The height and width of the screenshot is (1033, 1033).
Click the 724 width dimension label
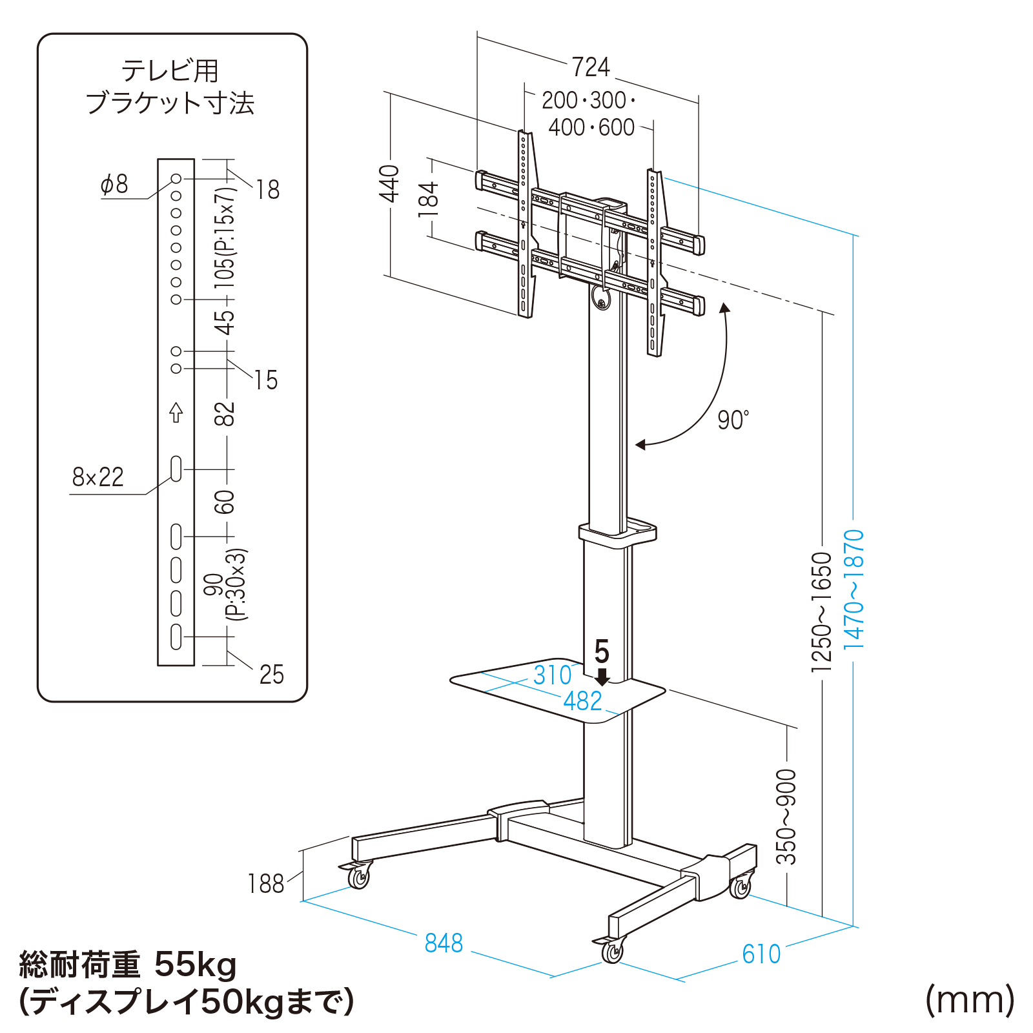(x=591, y=67)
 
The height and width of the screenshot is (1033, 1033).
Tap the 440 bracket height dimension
(x=389, y=183)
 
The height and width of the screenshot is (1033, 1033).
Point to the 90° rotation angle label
(x=733, y=420)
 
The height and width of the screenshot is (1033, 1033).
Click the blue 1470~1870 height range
(x=854, y=589)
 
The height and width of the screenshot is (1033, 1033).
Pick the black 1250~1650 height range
(x=821, y=611)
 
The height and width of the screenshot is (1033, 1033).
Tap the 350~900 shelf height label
(x=786, y=817)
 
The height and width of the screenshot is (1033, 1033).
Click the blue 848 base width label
(x=444, y=943)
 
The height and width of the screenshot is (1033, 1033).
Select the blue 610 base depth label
(x=761, y=954)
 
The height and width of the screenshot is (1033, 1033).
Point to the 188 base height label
(x=265, y=884)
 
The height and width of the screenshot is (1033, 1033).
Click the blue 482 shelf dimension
(x=582, y=701)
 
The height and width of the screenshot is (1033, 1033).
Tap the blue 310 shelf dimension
(x=552, y=675)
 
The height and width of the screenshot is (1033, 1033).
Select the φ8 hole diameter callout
(x=114, y=185)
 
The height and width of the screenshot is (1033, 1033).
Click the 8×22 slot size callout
(x=97, y=477)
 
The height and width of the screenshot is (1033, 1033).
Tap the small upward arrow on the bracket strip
(x=176, y=412)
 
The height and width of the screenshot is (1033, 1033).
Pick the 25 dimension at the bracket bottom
(x=271, y=675)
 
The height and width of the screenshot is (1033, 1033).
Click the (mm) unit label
(x=970, y=1000)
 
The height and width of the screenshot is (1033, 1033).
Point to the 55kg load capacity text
(x=195, y=965)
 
